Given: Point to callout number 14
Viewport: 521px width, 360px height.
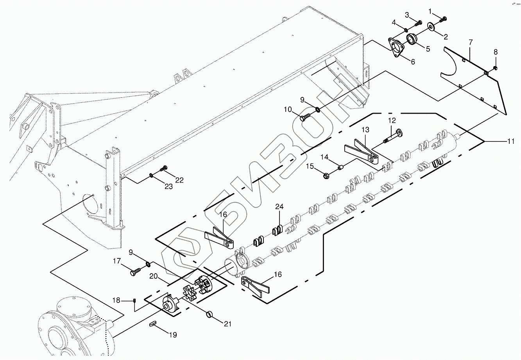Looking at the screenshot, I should point(325,157).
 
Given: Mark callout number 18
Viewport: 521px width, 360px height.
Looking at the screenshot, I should point(116,300).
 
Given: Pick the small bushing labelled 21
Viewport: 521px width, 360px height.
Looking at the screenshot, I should point(210,313).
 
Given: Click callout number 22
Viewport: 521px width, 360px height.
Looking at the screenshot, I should point(179,180).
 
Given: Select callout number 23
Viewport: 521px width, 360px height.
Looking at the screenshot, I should point(168,186).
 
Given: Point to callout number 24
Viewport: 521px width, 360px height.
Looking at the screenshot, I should point(279,206).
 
